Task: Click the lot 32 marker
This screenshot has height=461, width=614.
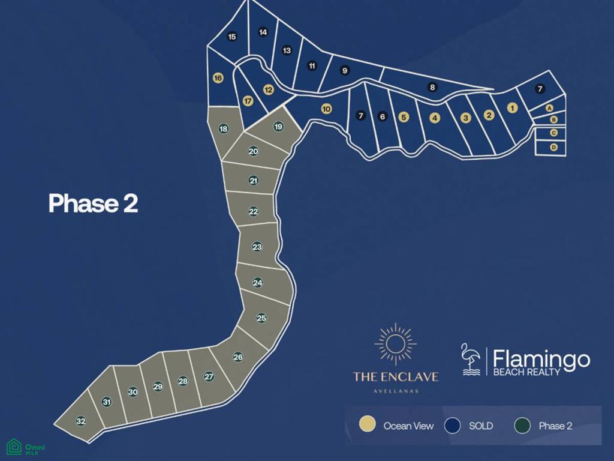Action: (x=81, y=421)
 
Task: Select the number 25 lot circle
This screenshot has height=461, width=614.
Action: (x=261, y=318)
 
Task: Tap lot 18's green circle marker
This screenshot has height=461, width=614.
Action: (x=223, y=129)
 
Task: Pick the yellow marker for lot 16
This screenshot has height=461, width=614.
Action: (x=218, y=78)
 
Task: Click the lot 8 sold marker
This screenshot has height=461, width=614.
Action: (x=432, y=87)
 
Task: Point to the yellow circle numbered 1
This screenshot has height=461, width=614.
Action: (x=512, y=108)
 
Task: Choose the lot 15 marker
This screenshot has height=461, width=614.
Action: (x=232, y=37)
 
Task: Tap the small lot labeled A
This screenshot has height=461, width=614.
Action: (x=549, y=108)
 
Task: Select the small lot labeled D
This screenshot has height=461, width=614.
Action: (x=554, y=147)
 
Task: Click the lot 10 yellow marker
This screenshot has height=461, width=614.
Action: (x=326, y=109)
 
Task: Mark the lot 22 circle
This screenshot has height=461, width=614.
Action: (x=254, y=211)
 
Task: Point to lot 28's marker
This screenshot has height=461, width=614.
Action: (x=183, y=381)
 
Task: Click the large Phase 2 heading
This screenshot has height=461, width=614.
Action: (x=93, y=203)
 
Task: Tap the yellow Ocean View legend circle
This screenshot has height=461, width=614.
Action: (x=367, y=425)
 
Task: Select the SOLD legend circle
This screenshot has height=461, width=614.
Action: (x=453, y=425)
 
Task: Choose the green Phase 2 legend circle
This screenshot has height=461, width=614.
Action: (x=523, y=425)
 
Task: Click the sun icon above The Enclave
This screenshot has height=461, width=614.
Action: (x=395, y=344)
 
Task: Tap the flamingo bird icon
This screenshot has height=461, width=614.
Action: (x=471, y=359)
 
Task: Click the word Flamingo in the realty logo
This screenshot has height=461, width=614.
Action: (x=541, y=359)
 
